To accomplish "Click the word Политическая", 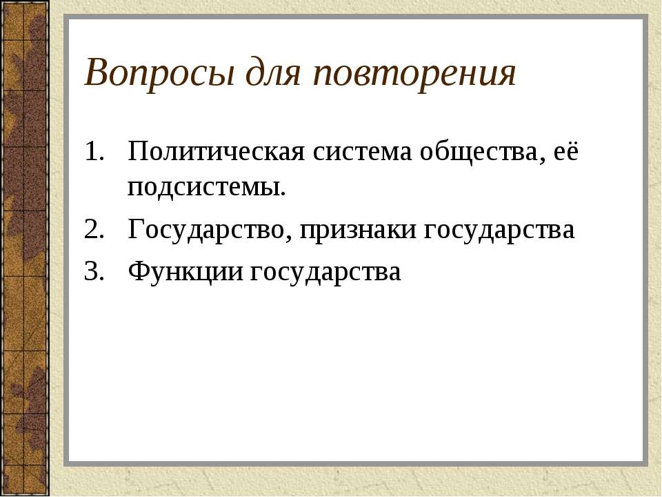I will [217, 152].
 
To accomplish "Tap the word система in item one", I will [358, 152].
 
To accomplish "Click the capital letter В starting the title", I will [96, 75].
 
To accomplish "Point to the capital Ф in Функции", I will [137, 272].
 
